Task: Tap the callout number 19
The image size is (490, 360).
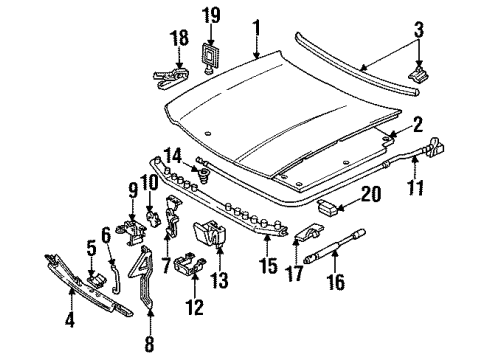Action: tap(211, 16)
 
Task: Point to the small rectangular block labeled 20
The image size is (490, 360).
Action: tap(330, 207)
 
